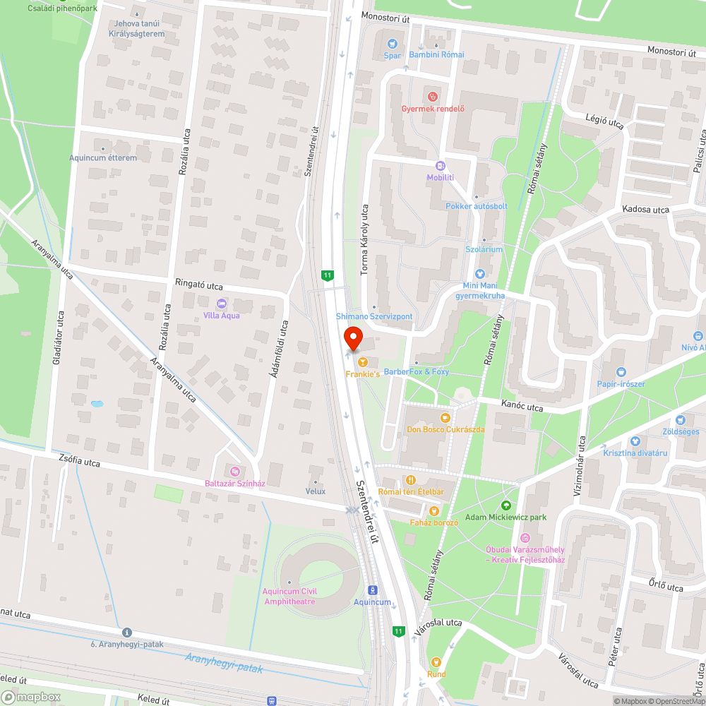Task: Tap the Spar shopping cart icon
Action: pos(392,44)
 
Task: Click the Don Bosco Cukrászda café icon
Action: pos(445,418)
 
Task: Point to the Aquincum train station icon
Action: pos(372,590)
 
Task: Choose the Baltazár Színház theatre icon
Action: pos(235,471)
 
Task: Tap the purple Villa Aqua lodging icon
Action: pos(222,304)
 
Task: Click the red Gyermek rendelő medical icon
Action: pos(433,96)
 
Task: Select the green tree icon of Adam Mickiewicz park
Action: pos(505,505)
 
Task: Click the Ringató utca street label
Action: pos(199,285)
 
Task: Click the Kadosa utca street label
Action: pos(645,210)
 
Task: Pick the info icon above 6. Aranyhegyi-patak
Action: pos(127,632)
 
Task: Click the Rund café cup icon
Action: pos(436,662)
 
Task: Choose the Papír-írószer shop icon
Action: pos(621,372)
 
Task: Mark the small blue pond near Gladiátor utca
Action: pos(96,404)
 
